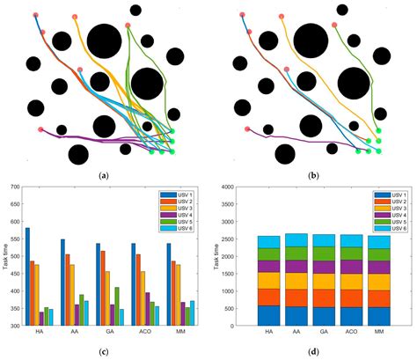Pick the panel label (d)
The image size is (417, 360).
(315, 352)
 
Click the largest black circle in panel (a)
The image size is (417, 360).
(104, 42)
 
